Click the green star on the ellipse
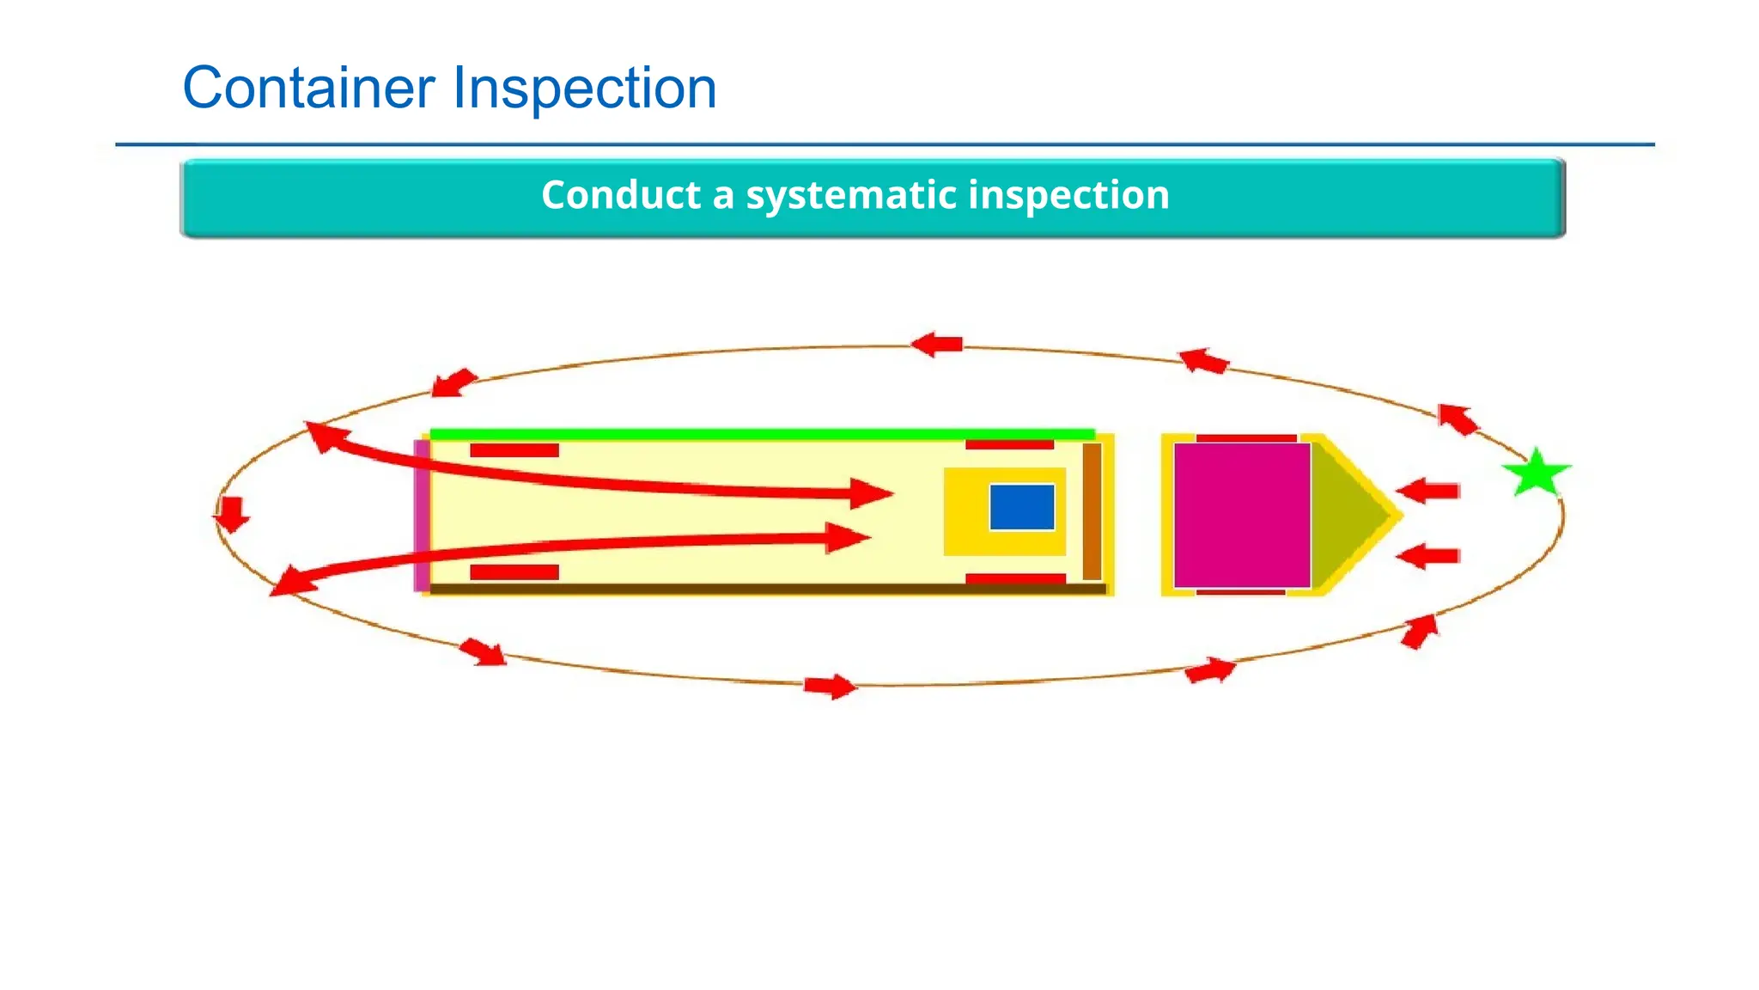point(1536,474)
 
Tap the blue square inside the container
point(1021,507)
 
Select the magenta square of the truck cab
point(1241,515)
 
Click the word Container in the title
point(309,88)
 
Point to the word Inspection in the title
point(584,88)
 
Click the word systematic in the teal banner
point(851,195)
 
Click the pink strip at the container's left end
point(421,515)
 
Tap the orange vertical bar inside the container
point(1091,511)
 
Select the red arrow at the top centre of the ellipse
point(937,345)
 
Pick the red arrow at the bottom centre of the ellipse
point(830,686)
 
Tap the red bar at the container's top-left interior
point(514,450)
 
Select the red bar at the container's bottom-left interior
point(514,572)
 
